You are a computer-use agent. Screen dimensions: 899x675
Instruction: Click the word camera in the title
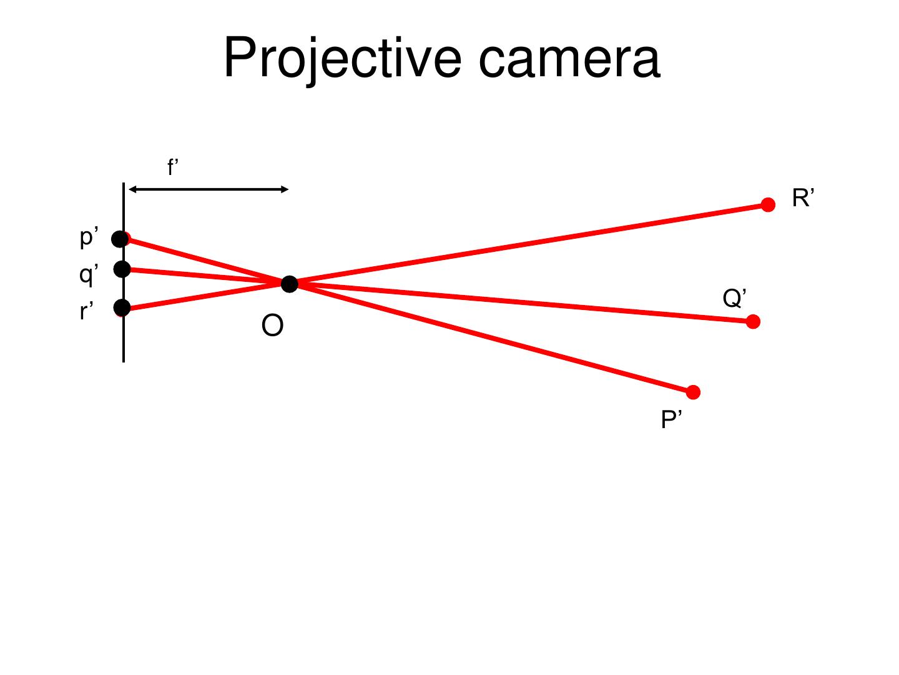pos(569,59)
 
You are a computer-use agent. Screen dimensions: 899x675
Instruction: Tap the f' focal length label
pos(173,167)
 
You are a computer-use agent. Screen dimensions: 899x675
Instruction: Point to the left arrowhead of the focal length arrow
pos(132,189)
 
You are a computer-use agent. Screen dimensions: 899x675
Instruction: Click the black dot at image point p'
pos(120,239)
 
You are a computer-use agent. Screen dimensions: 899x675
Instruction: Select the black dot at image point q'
pos(122,269)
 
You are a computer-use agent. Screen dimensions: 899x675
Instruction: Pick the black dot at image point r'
pos(122,307)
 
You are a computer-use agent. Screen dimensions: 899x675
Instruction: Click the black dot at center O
pos(290,284)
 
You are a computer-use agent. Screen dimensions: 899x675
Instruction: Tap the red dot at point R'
pos(768,205)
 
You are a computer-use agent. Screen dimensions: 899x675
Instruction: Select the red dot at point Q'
pos(753,322)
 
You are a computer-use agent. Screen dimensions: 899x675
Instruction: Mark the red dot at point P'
pos(693,392)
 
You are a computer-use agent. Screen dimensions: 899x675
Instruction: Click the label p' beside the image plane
pos(89,237)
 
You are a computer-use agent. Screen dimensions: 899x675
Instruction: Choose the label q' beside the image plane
pos(89,274)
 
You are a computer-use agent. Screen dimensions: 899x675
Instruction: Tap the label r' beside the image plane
pos(87,311)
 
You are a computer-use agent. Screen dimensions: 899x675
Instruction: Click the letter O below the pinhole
pos(272,326)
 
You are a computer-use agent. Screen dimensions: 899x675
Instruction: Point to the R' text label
pos(803,199)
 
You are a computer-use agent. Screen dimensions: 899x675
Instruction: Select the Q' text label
pos(735,298)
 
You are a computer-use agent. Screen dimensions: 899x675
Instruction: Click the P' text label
pos(671,420)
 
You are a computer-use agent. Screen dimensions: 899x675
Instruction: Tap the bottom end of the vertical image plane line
pos(124,360)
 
